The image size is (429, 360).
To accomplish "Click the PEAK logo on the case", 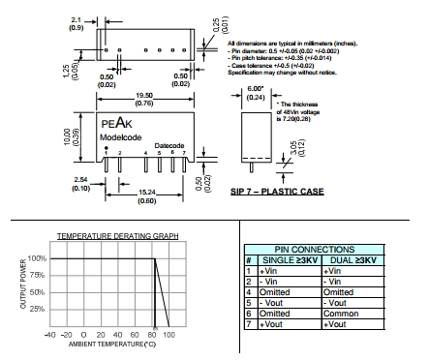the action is pos(116,123).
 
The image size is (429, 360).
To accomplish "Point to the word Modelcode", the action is pos(121,137).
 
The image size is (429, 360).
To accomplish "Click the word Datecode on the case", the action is pos(169,145).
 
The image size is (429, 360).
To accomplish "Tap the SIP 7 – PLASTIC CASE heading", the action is pos(277,192).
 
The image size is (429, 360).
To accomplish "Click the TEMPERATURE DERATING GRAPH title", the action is pos(117,236).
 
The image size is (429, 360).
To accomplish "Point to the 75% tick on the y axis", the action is pos(37,275).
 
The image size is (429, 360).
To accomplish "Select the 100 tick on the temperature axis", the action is pos(169,335).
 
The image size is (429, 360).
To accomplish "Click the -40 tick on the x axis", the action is pos(49,335).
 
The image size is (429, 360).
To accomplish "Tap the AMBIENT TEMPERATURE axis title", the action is pos(112,345).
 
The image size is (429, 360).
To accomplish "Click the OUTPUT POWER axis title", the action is pos(23,284).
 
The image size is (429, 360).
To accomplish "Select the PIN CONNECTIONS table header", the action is pos(315,250).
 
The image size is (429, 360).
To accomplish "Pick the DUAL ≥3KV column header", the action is pos(353,260).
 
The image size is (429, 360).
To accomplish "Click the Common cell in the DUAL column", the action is pos(341,314).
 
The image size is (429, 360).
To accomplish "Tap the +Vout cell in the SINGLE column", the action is pos(271,324).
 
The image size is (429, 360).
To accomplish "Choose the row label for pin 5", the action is pos(249,303).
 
